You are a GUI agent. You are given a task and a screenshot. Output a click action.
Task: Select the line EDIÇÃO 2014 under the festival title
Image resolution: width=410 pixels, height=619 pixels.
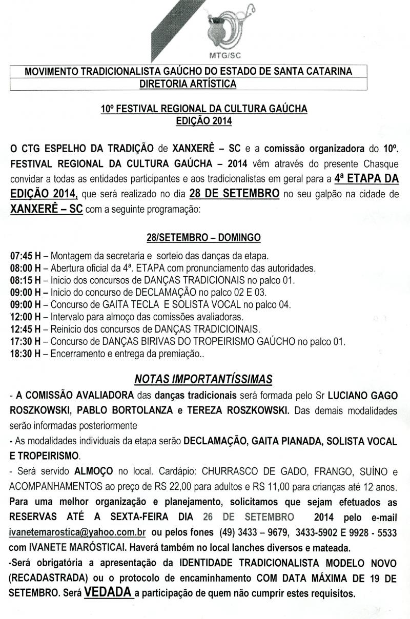point(203,121)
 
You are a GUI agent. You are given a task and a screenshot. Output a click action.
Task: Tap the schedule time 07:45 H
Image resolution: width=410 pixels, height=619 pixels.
point(26,255)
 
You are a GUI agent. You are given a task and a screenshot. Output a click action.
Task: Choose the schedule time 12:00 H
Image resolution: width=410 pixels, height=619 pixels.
point(26,317)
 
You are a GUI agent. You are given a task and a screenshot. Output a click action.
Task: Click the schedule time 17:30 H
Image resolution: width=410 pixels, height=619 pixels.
point(26,341)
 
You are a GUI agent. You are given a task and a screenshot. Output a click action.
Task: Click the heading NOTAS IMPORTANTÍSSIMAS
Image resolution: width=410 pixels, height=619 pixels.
point(203,380)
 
